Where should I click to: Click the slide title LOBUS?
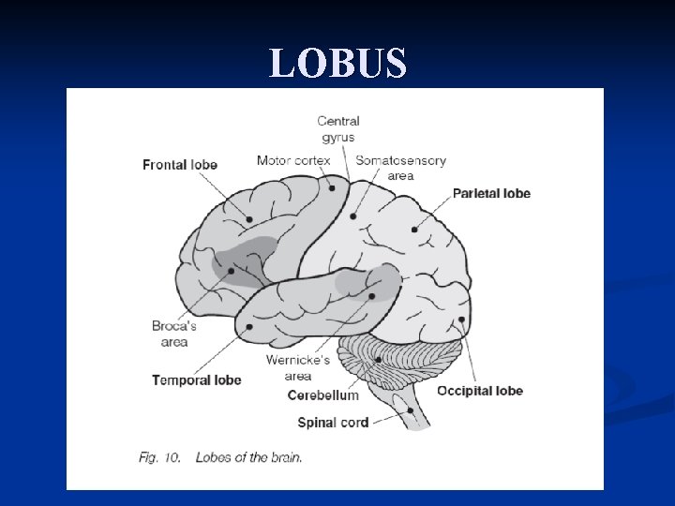coord(337,64)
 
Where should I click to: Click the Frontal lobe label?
coord(180,165)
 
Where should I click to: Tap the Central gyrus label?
coord(338,128)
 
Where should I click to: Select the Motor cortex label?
coord(293,160)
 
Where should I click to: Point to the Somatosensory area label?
coord(400,167)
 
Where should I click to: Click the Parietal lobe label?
coord(491,194)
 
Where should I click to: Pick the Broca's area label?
coord(173,334)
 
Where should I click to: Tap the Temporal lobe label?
coord(197,379)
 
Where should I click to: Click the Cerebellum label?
coord(323,395)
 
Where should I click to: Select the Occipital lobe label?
coord(480,391)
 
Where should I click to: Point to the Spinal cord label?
coord(333,423)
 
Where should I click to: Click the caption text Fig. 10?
coord(159,457)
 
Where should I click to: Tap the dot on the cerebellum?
coord(378,359)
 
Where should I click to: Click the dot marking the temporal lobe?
coord(249,327)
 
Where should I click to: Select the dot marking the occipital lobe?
coord(462,320)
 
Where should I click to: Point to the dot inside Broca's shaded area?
coord(231,272)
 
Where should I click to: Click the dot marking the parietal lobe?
coord(414,229)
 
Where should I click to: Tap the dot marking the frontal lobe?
coord(249,220)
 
